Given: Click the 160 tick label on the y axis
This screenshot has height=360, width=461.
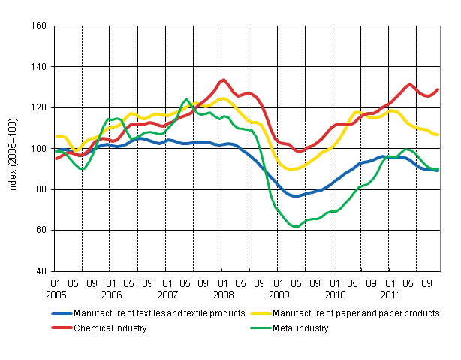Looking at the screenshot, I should [40, 26].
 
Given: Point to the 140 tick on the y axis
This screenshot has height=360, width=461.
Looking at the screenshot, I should [40, 67].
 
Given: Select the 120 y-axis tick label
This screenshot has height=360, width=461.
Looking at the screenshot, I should [40, 107].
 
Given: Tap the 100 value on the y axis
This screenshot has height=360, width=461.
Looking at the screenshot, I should [40, 149].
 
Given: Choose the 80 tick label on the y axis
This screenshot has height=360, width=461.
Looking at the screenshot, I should [42, 189].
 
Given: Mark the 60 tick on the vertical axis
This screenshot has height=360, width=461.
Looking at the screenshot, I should [42, 230].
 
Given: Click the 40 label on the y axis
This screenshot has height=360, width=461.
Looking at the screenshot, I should [42, 271].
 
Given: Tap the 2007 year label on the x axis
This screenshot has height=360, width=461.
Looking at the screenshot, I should [167, 295].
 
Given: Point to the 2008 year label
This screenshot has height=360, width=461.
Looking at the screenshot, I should [223, 295].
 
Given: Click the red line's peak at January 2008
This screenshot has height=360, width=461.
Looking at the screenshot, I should [223, 80].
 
